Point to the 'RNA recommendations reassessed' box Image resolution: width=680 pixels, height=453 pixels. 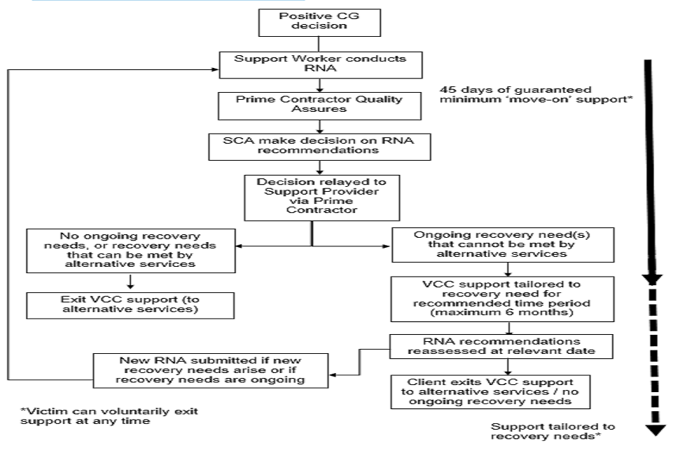pyautogui.click(x=507, y=345)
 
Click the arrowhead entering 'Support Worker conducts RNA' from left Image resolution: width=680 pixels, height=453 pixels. pyautogui.click(x=212, y=69)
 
